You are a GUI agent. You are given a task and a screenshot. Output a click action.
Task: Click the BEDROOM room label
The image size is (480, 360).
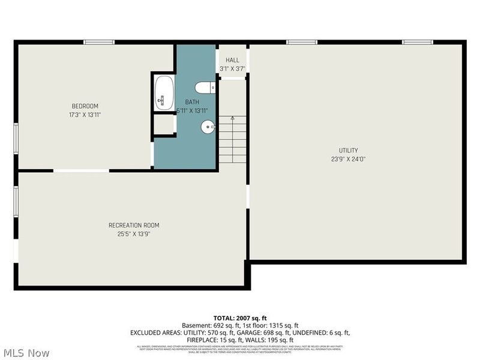[85, 106]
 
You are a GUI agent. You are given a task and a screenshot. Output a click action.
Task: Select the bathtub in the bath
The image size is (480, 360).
[164, 93]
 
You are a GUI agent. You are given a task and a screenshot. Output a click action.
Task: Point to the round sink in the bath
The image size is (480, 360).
[208, 127]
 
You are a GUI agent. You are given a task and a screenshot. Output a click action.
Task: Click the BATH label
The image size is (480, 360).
[192, 103]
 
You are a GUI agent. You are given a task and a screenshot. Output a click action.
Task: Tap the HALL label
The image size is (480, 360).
[232, 61]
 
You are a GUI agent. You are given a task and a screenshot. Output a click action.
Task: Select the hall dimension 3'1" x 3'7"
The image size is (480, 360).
[232, 69]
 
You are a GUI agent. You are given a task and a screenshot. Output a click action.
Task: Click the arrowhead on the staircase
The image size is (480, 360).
[232, 119]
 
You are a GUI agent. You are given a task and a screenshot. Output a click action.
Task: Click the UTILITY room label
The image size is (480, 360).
[348, 151]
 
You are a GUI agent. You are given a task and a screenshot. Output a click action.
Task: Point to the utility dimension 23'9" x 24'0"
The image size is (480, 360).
[348, 159]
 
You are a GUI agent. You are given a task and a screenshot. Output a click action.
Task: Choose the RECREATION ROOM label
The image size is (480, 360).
[134, 226]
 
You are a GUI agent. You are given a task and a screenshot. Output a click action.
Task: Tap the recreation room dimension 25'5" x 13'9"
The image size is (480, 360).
[134, 234]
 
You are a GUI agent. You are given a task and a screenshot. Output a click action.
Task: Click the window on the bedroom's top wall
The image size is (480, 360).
[99, 42]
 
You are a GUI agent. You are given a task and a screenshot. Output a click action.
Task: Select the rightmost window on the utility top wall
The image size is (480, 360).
[417, 42]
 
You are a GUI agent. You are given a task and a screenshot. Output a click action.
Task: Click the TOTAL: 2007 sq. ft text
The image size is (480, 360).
[240, 317]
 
